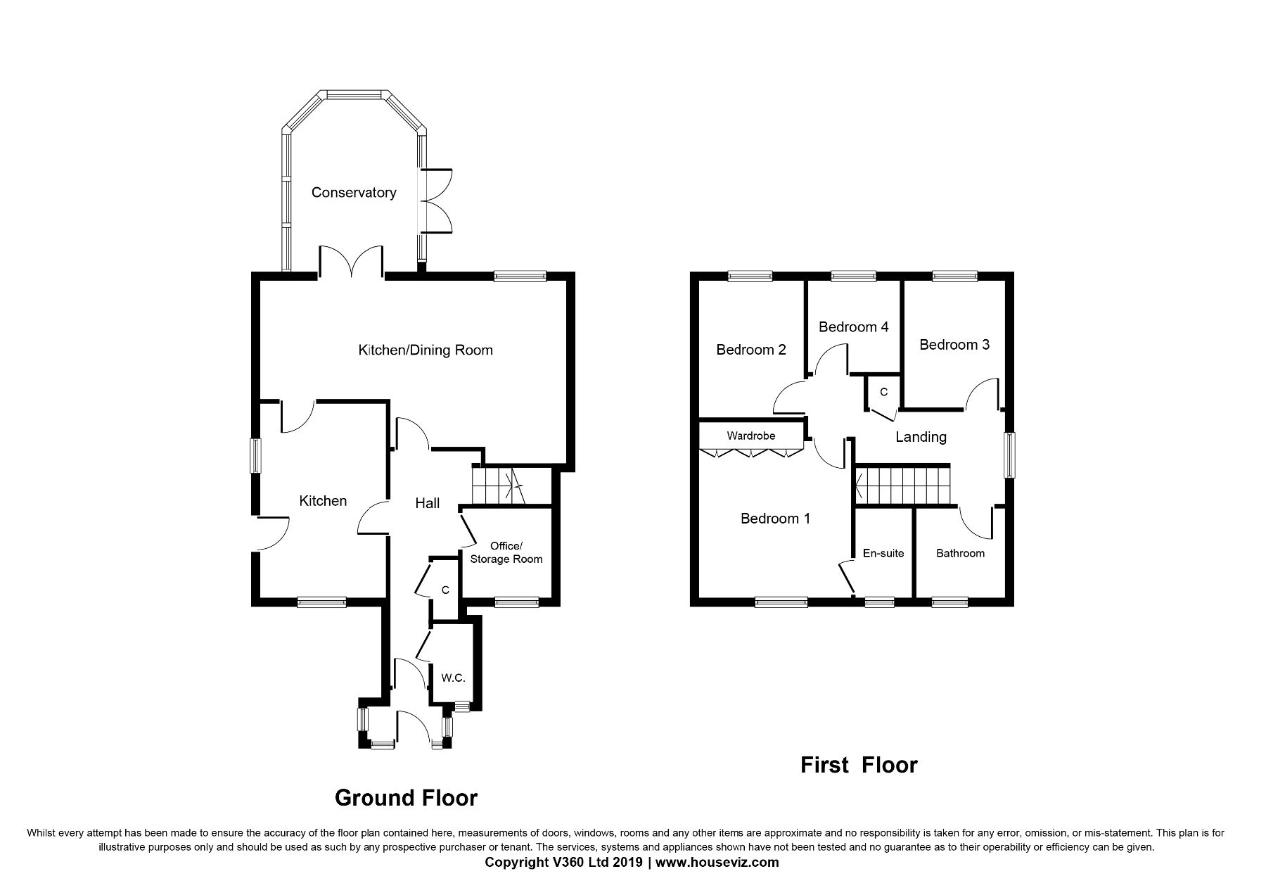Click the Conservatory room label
coord(354,193)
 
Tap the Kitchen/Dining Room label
coord(426,350)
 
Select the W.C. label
coord(453,678)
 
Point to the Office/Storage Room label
coord(506,553)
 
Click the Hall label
coord(428,503)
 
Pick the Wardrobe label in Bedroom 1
coord(751,436)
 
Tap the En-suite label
coord(883,553)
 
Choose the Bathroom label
coord(960,553)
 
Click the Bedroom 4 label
coord(853,327)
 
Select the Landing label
coord(921,437)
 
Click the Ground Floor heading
coord(406,798)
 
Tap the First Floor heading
coord(859,765)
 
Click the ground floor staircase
coord(499,485)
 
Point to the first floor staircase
coord(902,485)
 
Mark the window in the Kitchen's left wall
coord(257,456)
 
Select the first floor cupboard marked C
coord(883,392)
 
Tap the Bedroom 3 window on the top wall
coord(954,277)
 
